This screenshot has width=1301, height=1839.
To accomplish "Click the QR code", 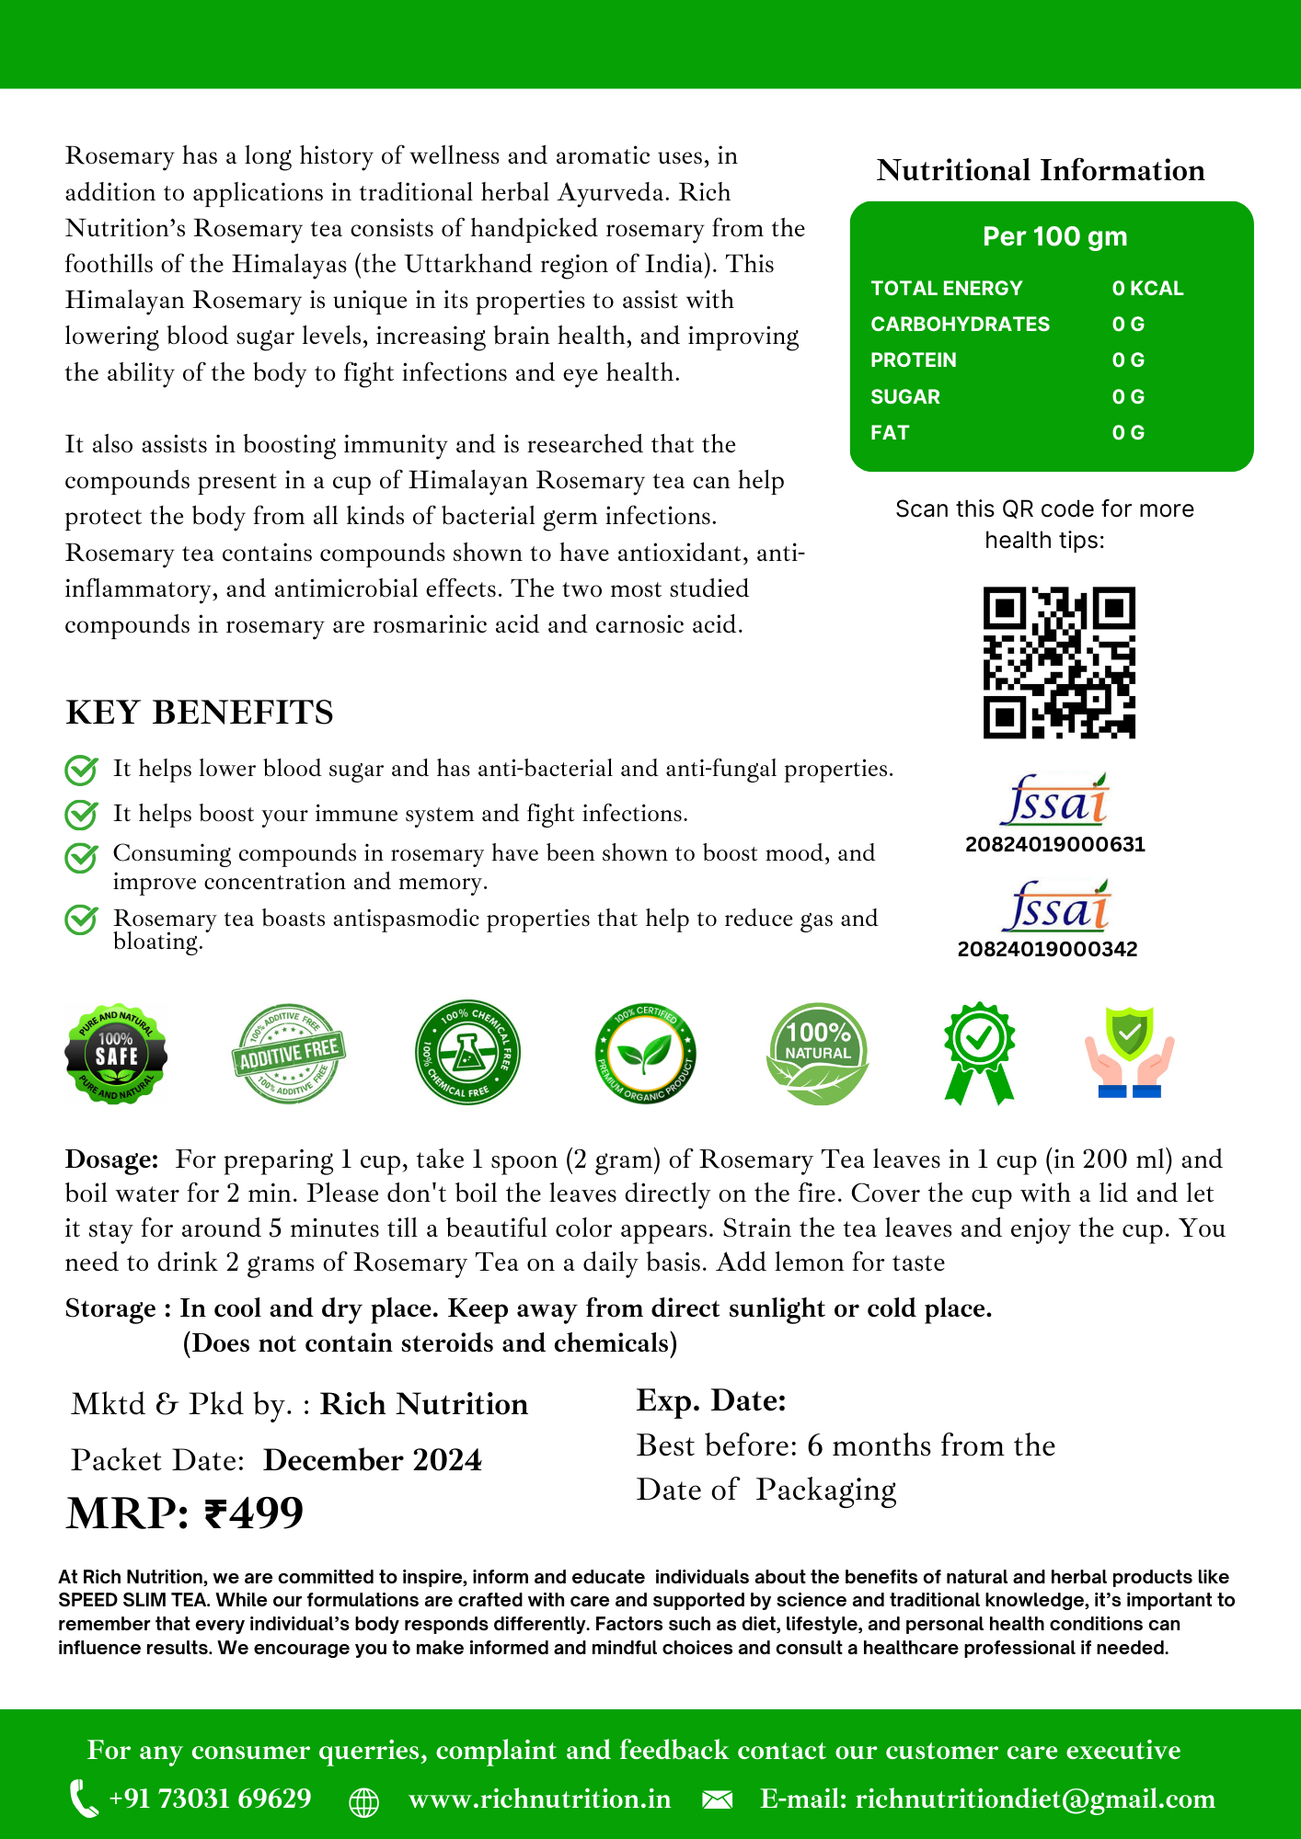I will [x=1059, y=662].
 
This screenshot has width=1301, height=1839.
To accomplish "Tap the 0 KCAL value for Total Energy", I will [x=1146, y=289].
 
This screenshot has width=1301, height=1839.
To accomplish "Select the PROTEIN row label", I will [x=913, y=360].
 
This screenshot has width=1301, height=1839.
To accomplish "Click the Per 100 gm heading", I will [x=1054, y=236].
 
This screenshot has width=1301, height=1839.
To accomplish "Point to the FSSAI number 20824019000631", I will [x=1054, y=844].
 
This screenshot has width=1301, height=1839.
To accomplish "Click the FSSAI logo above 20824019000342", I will [x=1055, y=907].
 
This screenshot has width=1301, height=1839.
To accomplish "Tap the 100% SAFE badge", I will [x=116, y=1054].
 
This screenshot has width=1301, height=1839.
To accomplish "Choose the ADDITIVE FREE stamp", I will [x=289, y=1054].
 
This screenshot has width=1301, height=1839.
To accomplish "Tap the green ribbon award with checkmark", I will [x=979, y=1052].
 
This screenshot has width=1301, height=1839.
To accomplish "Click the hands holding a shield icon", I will [x=1129, y=1052].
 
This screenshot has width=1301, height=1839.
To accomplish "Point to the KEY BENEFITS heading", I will [x=200, y=713].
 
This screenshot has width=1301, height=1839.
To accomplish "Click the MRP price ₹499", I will [x=185, y=1513].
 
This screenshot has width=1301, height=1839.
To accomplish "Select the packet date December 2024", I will [x=372, y=1460].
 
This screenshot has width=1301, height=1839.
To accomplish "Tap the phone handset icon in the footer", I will [x=84, y=1799].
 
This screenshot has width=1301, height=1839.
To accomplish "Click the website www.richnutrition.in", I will [x=539, y=1799].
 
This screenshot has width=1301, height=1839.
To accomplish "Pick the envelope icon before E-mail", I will [x=717, y=1799].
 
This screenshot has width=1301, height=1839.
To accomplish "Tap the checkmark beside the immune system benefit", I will [x=81, y=814].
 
